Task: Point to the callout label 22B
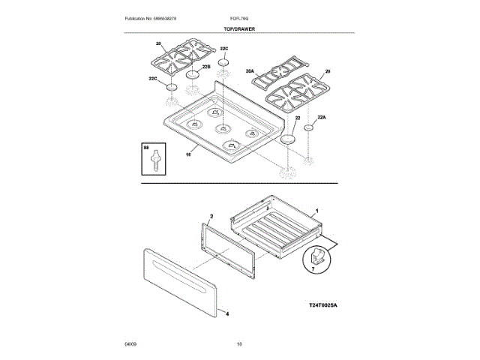205,67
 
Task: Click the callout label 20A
250,71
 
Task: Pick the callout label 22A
322,118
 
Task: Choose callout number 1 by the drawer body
317,211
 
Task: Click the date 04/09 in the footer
130,343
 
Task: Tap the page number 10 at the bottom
239,343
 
